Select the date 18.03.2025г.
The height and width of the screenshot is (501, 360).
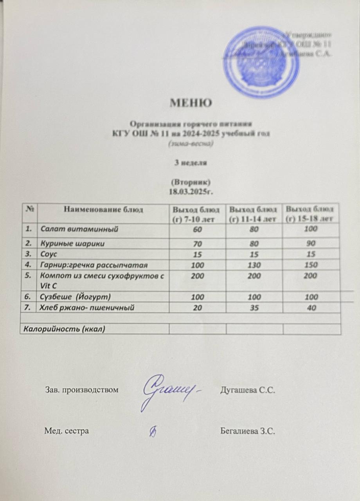(x=191, y=192)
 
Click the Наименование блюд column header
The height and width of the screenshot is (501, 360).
(x=103, y=210)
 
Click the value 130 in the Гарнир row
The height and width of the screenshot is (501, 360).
(x=254, y=265)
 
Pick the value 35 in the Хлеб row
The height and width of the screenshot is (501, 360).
(x=254, y=308)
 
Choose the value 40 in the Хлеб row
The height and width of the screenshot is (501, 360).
(x=311, y=308)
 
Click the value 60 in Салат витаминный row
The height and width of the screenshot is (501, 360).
(x=197, y=229)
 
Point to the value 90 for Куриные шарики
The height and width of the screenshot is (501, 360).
(x=311, y=243)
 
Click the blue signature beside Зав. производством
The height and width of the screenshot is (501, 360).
(x=172, y=389)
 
